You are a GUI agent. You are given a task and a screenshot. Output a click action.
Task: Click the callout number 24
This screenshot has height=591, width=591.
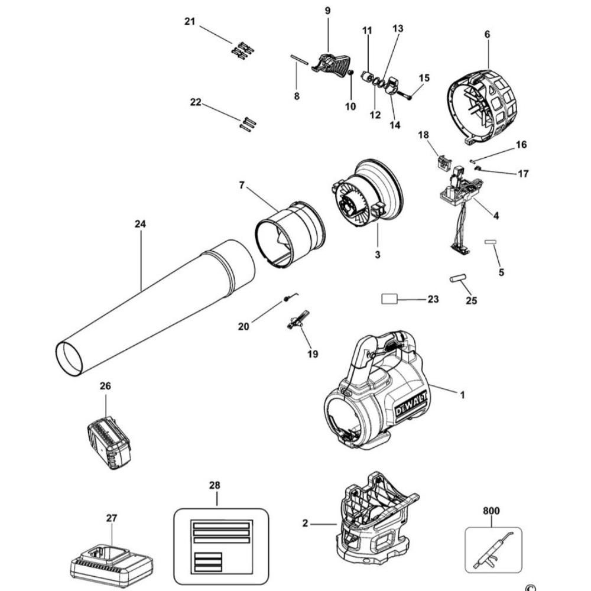click(x=140, y=224)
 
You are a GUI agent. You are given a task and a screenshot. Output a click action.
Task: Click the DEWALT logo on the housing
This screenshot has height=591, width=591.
click(x=405, y=408)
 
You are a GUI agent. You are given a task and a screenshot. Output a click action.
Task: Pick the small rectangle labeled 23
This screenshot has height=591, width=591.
click(x=389, y=300)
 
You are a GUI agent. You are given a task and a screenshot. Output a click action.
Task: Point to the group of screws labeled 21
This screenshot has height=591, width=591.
click(x=242, y=50)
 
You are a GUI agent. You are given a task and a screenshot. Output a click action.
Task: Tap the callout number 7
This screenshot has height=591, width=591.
click(x=241, y=186)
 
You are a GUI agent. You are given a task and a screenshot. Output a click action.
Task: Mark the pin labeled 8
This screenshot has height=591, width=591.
click(x=300, y=61)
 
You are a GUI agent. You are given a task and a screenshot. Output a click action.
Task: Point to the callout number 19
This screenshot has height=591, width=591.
click(x=312, y=354)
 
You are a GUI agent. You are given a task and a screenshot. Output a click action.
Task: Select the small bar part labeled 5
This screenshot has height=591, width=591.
click(x=489, y=242)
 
